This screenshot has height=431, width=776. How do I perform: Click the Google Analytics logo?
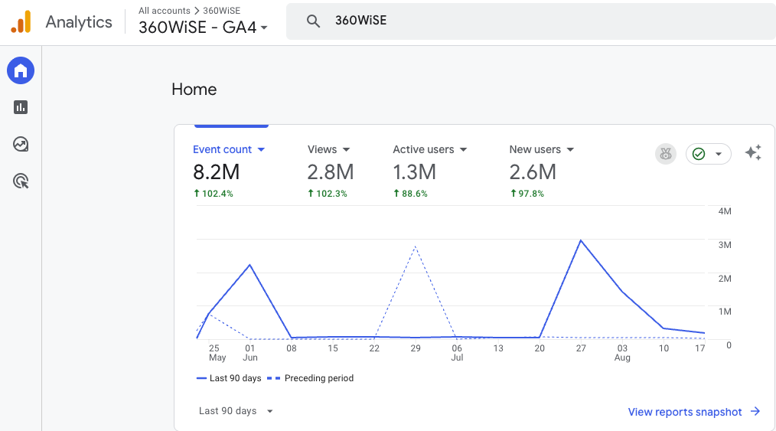[x=21, y=22]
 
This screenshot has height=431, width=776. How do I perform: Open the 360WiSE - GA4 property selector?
[x=203, y=28]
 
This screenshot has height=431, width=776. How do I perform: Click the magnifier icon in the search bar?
[x=313, y=21]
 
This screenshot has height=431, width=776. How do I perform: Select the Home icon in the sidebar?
[x=21, y=71]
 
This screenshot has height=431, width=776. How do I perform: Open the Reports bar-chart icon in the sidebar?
[x=21, y=108]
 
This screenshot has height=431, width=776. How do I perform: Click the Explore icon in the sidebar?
[x=21, y=144]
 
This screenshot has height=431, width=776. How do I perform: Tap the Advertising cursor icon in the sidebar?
[x=21, y=181]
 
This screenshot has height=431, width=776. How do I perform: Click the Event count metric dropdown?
[x=228, y=150]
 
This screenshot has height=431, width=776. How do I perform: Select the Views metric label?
[x=322, y=150]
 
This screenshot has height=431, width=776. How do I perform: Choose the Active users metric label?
[x=423, y=150]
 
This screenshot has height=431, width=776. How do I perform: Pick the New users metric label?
[x=535, y=150]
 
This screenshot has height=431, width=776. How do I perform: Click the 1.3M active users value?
[x=414, y=171]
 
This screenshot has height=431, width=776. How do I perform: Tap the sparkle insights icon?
[x=753, y=153]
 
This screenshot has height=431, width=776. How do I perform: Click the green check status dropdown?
[x=708, y=154]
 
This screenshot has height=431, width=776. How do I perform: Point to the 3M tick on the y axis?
[x=724, y=245]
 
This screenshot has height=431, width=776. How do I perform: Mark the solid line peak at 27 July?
[x=581, y=240]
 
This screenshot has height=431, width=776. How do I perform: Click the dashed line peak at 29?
[x=415, y=247]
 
